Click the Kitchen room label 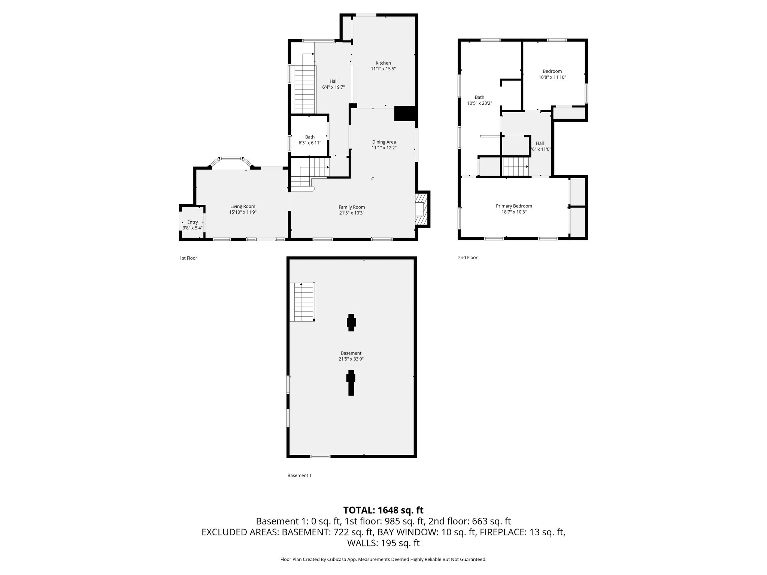(x=383, y=63)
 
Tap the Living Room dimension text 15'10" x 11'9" (x=243, y=212)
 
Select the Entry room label (x=192, y=222)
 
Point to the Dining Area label (x=384, y=142)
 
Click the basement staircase (x=303, y=302)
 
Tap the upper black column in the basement (x=351, y=322)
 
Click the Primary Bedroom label (x=514, y=206)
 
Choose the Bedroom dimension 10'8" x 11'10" (x=552, y=77)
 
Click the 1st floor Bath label (x=310, y=137)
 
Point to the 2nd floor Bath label (x=479, y=97)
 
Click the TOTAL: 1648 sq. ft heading (x=383, y=510)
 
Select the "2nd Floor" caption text (x=468, y=258)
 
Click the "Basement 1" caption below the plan (x=299, y=475)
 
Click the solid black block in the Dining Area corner (x=405, y=113)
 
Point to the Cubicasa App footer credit (x=383, y=559)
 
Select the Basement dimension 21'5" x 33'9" (x=351, y=359)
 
